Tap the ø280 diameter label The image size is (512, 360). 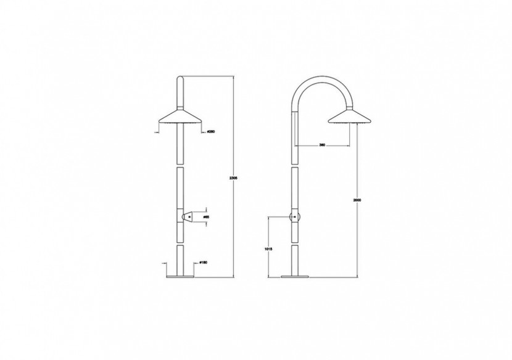pyautogui.click(x=210, y=133)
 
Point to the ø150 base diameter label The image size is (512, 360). pyautogui.click(x=202, y=263)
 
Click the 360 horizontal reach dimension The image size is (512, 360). pyautogui.click(x=322, y=145)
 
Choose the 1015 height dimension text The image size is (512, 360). pyautogui.click(x=267, y=248)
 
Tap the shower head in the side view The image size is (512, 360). pyautogui.click(x=349, y=115)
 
